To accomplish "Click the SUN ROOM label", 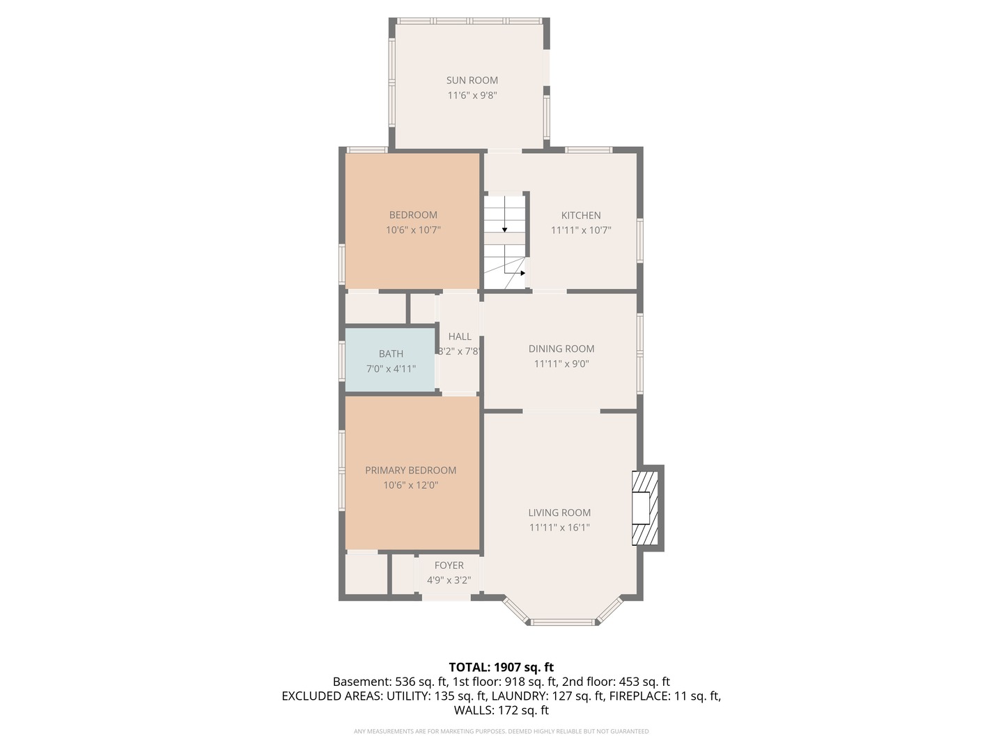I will click(472, 80).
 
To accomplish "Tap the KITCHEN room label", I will click(581, 215).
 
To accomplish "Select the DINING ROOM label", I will click(561, 349).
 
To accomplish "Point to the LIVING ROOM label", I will click(559, 512).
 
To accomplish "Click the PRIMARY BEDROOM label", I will click(410, 470).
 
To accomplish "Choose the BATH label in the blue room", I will click(391, 354).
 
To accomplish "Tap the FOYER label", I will click(449, 565).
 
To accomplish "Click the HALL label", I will click(460, 336).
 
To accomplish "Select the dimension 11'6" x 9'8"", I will click(472, 95).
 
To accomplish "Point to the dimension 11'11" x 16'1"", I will click(559, 528).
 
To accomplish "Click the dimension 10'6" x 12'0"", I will click(410, 485).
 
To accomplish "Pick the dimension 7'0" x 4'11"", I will click(391, 369).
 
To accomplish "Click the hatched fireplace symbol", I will click(645, 508).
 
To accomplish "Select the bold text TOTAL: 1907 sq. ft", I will click(501, 667).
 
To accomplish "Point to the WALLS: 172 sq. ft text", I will click(501, 710).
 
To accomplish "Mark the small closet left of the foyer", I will click(403, 574).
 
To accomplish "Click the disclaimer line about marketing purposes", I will click(501, 731).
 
